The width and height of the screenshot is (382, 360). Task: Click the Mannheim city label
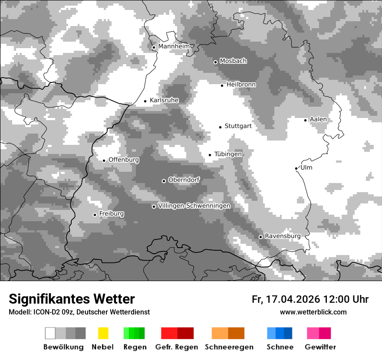(x=174, y=46)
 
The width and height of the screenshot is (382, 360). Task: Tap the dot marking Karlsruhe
(x=145, y=101)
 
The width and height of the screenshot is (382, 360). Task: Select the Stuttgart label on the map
(x=238, y=126)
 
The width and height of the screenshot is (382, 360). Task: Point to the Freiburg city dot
(x=95, y=215)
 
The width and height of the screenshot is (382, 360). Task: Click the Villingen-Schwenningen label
(x=194, y=206)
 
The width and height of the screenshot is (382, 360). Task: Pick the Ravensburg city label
(x=283, y=236)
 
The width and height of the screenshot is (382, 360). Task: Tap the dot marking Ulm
(x=296, y=168)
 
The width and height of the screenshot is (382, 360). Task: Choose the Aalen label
(x=318, y=119)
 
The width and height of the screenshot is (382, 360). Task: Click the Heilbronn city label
(x=241, y=85)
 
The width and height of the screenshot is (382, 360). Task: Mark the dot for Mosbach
(x=215, y=62)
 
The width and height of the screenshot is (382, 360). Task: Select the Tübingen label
(x=228, y=154)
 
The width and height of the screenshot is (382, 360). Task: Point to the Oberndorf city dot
(x=164, y=181)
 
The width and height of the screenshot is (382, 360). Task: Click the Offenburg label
(x=124, y=160)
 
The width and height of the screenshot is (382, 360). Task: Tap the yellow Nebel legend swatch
(x=103, y=333)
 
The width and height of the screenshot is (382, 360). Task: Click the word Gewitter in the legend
(x=320, y=347)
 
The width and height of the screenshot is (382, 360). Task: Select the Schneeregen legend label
(x=229, y=347)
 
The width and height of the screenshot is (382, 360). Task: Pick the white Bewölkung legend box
(x=50, y=333)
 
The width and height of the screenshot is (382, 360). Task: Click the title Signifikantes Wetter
(x=72, y=299)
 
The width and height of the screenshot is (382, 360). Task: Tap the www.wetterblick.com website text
(x=313, y=312)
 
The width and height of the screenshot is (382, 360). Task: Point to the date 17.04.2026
(x=292, y=299)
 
